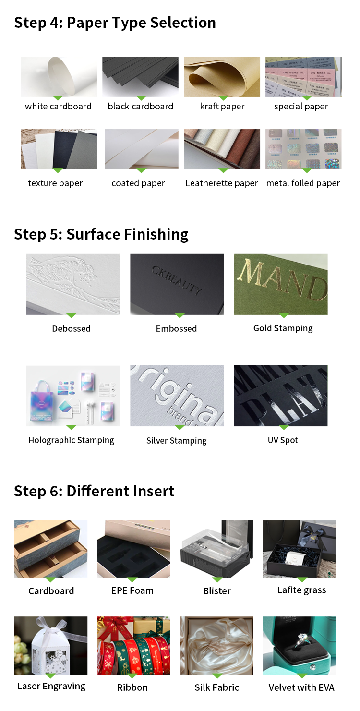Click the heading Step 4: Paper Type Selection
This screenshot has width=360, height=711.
click(x=115, y=23)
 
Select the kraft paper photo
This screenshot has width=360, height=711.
click(x=222, y=77)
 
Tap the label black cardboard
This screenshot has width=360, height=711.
click(x=140, y=107)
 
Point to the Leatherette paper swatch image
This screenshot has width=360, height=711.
click(x=222, y=149)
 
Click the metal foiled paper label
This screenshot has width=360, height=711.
click(x=303, y=183)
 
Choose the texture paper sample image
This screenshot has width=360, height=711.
click(x=59, y=149)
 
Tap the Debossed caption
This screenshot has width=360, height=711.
click(x=71, y=329)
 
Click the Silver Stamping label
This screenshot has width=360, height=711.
click(x=176, y=441)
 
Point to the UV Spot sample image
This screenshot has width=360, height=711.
click(x=281, y=396)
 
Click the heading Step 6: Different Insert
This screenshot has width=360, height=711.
click(x=94, y=491)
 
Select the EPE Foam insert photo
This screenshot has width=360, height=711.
click(x=133, y=549)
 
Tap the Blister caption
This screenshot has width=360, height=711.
click(x=217, y=591)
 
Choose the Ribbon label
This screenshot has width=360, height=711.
click(x=132, y=687)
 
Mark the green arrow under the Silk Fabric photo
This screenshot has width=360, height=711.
click(x=217, y=675)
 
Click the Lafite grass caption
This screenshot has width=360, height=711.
click(x=301, y=590)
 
